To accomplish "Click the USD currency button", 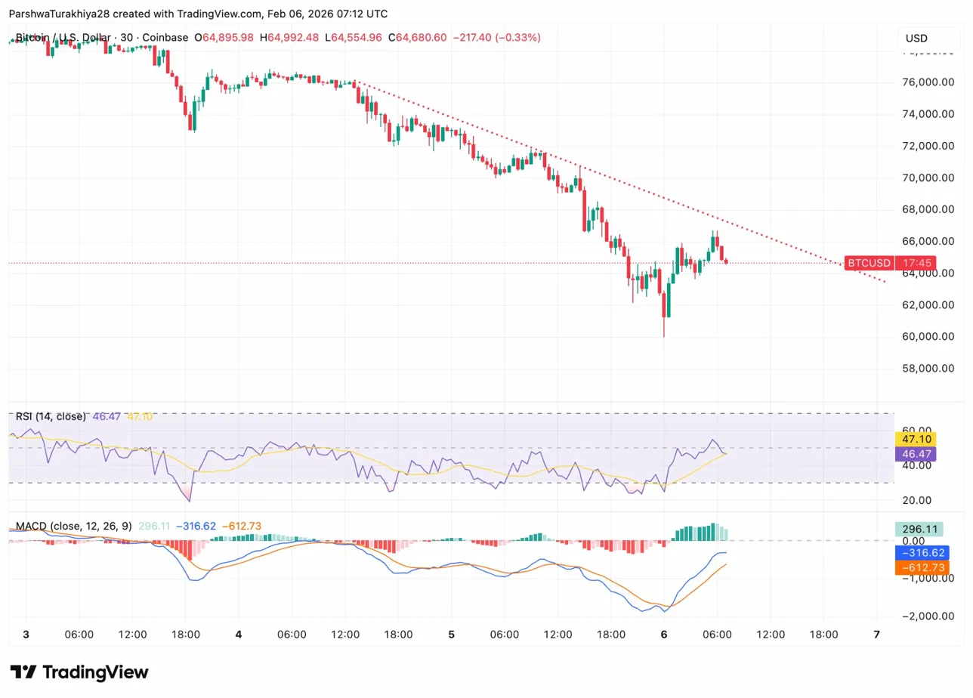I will point(916,39).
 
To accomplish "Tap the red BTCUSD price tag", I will point(869,263).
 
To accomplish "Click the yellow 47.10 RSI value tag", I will point(915,438).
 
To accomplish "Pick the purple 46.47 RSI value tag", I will point(915,454).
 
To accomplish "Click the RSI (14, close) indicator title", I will point(51,416).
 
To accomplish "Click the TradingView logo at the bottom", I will point(79,672).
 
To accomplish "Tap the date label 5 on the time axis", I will point(451,635).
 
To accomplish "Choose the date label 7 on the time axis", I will point(876,635).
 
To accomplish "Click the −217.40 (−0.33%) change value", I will point(496,38).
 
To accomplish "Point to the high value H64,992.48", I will point(290,38).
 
